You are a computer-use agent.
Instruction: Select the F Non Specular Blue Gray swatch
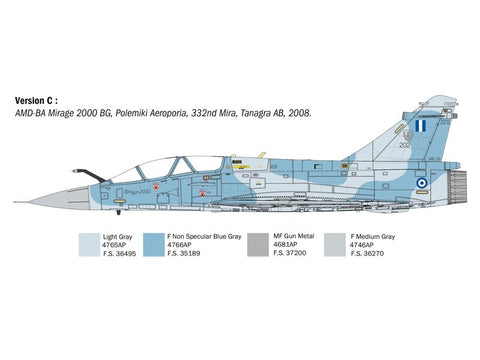155,245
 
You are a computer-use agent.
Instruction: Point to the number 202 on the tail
404,145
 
